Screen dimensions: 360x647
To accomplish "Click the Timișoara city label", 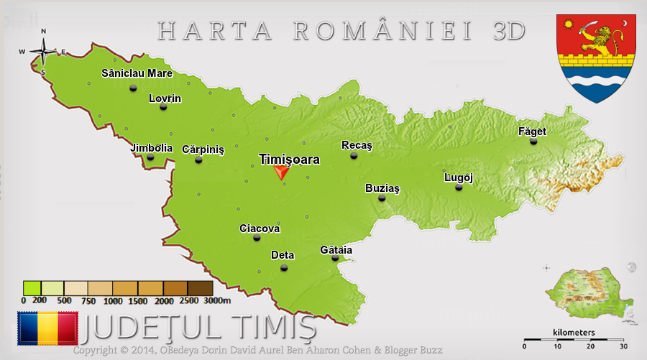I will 289,160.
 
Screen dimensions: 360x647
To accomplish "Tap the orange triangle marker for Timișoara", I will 281,172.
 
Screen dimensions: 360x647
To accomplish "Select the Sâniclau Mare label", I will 137,73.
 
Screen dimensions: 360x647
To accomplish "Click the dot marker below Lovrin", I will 163,107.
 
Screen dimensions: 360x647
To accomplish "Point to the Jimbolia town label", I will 152,148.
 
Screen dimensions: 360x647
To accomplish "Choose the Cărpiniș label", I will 203,149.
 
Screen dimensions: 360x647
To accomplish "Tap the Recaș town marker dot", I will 354,155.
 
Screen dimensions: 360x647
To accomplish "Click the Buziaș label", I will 382,188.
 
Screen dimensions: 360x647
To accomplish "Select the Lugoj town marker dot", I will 459,188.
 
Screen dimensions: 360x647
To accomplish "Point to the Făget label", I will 532,131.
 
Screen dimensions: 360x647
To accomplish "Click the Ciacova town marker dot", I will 257,238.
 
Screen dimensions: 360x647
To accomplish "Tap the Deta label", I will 283,255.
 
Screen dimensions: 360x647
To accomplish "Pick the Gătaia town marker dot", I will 335,258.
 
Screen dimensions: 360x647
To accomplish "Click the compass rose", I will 43,51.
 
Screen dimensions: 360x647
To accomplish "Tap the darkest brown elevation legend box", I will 201,288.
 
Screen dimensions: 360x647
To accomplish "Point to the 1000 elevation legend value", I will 113,301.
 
